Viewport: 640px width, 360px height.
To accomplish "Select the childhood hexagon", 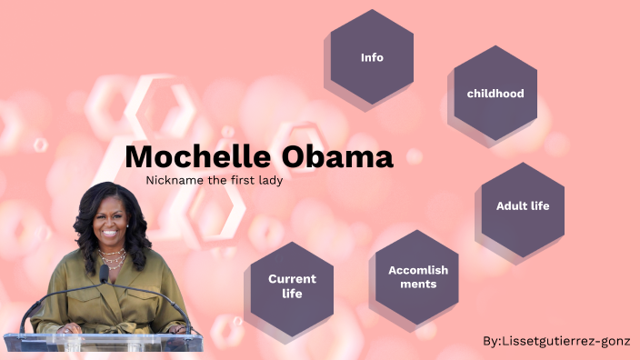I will pos(495,93).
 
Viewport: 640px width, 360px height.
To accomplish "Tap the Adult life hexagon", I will pos(523,206).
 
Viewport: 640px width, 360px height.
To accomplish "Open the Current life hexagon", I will pos(292,286).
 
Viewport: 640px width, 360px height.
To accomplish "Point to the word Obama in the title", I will pos(337,156).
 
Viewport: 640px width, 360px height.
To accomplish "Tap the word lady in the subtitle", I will pos(269,180).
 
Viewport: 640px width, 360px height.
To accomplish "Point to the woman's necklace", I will pos(112,258).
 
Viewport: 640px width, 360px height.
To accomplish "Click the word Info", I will pos(372,57).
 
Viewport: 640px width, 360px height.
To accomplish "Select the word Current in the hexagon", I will pos(292,279).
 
